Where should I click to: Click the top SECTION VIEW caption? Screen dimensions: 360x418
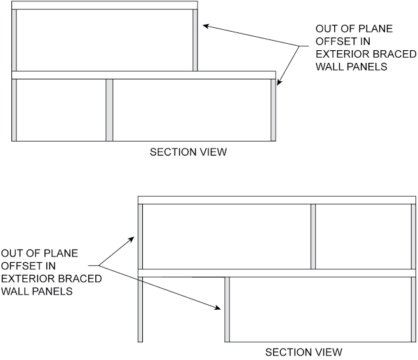click(187, 152)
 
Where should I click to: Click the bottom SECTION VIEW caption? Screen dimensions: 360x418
click(303, 352)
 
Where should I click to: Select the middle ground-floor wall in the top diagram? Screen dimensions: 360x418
click(109, 110)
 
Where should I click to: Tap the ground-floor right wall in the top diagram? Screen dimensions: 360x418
click(273, 110)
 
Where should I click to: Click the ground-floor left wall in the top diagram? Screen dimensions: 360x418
click(14, 110)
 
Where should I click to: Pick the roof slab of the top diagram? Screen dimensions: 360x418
click(105, 6)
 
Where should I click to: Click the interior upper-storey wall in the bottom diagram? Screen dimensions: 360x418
click(313, 236)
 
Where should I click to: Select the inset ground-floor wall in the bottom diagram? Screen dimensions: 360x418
click(227, 309)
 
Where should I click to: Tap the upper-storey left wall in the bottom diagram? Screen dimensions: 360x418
click(140, 236)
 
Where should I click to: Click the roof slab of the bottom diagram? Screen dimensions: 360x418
click(277, 200)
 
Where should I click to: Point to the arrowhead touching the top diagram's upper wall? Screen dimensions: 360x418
click(205, 26)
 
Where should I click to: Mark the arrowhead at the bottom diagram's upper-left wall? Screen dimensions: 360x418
click(133, 239)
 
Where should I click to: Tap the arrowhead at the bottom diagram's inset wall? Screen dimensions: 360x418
click(220, 308)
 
